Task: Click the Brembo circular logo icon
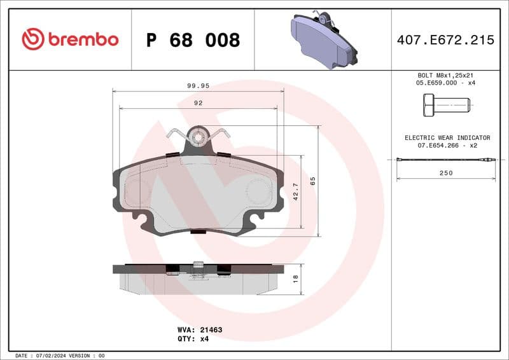tap(32, 39)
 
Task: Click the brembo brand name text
tap(82, 39)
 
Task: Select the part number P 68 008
tap(193, 40)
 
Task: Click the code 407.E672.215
tap(445, 40)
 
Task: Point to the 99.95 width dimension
tap(198, 85)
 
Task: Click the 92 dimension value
tap(198, 102)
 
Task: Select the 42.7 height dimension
tap(296, 191)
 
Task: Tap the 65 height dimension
tap(312, 181)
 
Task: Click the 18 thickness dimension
tap(296, 278)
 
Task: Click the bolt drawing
tap(446, 104)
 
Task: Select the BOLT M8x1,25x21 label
tap(446, 75)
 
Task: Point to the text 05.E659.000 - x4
tap(446, 83)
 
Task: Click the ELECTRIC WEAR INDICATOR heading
tap(447, 137)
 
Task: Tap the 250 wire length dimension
tap(446, 172)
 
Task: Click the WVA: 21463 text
tap(199, 330)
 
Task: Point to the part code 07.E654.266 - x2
tap(447, 145)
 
